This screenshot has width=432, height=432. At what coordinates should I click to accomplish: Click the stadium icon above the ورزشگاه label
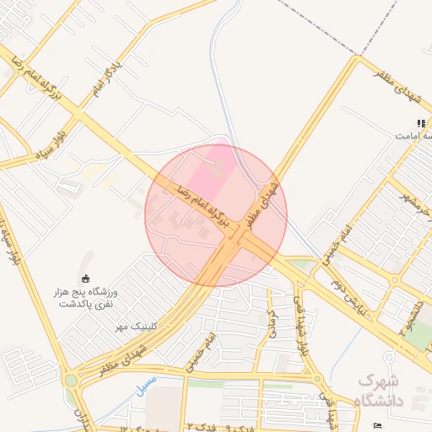pos(84,278)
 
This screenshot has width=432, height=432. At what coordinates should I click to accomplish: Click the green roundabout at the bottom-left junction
pos(71,381)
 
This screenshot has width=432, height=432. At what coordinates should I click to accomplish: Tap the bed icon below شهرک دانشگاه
pos(377,424)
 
